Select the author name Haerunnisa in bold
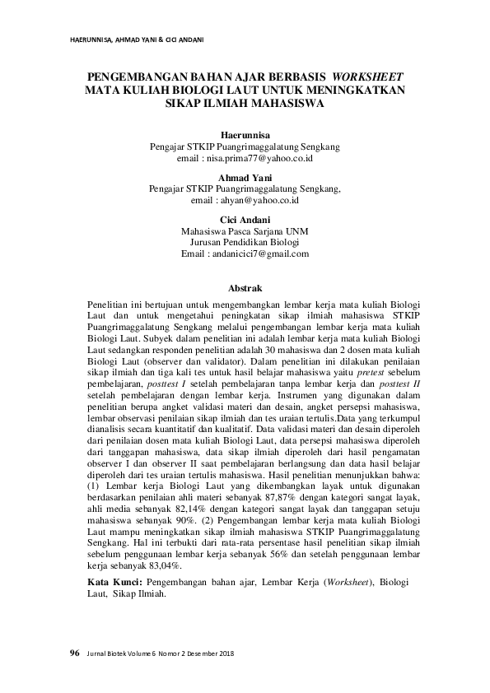tap(245, 133)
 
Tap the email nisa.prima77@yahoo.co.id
tap(255, 156)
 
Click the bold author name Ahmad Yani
tap(245, 177)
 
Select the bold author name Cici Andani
tap(245, 220)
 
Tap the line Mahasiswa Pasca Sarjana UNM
tap(245, 231)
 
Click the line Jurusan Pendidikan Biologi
tap(245, 243)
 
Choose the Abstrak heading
tap(245, 288)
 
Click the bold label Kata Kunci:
tap(113, 582)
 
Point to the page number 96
tap(74, 653)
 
